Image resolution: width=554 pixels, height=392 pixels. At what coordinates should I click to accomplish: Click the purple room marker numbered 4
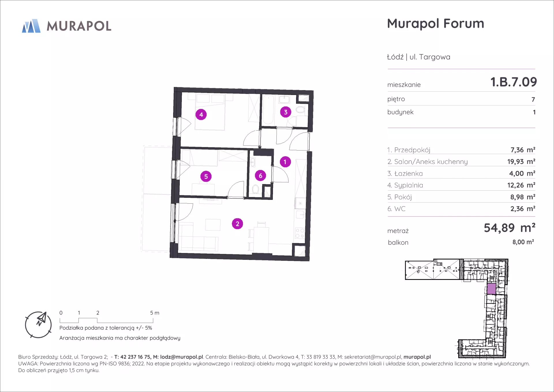201,115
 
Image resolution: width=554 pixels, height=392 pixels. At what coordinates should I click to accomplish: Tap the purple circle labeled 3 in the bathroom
286,112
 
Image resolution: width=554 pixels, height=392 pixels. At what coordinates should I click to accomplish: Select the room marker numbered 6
261,176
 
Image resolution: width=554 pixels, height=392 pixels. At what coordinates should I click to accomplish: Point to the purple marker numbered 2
237,224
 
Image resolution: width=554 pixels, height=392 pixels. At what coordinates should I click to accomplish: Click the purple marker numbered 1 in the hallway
285,162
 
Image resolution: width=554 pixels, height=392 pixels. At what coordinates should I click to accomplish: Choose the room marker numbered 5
206,177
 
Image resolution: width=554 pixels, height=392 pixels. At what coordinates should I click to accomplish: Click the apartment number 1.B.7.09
514,82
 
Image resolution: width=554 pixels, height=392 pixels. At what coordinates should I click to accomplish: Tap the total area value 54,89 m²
510,228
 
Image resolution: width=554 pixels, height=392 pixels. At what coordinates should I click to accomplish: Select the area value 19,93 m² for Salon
521,161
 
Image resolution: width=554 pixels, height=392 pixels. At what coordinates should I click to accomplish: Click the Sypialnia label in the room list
409,185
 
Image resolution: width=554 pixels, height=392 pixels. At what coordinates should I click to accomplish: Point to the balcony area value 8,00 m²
523,242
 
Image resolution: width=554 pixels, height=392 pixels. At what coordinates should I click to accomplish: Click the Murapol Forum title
435,23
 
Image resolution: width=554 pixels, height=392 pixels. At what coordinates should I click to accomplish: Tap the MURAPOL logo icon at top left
31,26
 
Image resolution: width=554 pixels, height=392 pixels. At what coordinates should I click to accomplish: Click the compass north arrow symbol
42,319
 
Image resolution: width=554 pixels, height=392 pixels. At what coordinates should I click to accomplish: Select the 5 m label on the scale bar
155,313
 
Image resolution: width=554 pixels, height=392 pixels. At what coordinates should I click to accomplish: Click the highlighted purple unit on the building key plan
491,289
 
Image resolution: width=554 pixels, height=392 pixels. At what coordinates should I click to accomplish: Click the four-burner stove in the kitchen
300,233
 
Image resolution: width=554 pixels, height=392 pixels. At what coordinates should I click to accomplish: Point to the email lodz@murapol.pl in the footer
181,357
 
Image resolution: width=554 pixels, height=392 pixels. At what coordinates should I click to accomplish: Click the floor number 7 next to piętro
533,100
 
